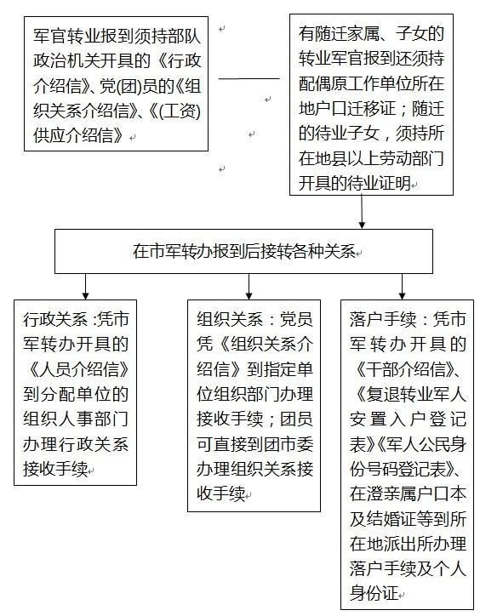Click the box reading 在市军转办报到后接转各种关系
(x=243, y=252)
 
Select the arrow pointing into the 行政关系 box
(x=85, y=287)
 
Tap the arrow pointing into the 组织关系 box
(x=249, y=287)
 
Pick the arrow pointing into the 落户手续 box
(x=402, y=287)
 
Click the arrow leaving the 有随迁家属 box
(x=362, y=212)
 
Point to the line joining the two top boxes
(x=249, y=78)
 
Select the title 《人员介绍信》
(x=77, y=369)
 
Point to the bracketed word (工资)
(x=180, y=111)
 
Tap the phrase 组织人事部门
(x=76, y=419)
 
